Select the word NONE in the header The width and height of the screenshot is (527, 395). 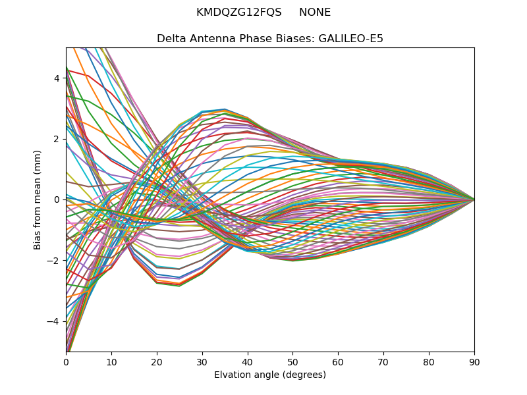click(315, 13)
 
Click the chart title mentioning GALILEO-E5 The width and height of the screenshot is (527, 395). click(270, 39)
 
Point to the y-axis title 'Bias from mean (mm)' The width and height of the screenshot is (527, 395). click(38, 199)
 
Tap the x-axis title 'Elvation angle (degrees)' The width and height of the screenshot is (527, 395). click(270, 375)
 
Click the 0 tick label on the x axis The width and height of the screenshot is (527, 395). click(66, 361)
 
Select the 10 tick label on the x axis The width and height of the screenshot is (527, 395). click(111, 361)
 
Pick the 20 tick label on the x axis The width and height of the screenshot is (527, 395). click(157, 361)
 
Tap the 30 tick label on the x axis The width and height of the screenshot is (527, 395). click(202, 361)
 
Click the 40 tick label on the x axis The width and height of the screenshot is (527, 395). click(248, 361)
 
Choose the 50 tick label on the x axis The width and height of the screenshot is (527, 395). click(292, 361)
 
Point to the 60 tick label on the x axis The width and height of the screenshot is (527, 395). click(338, 361)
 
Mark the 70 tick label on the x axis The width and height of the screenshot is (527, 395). click(383, 361)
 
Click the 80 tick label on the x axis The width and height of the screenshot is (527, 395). click(429, 361)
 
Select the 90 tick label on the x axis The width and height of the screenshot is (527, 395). click(474, 361)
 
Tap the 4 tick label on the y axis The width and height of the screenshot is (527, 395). click(57, 78)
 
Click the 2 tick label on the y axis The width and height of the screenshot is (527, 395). click(57, 139)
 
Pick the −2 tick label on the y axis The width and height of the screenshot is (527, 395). click(54, 261)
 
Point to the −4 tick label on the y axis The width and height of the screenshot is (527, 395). click(54, 321)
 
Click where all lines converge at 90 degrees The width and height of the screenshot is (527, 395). click(474, 199)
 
